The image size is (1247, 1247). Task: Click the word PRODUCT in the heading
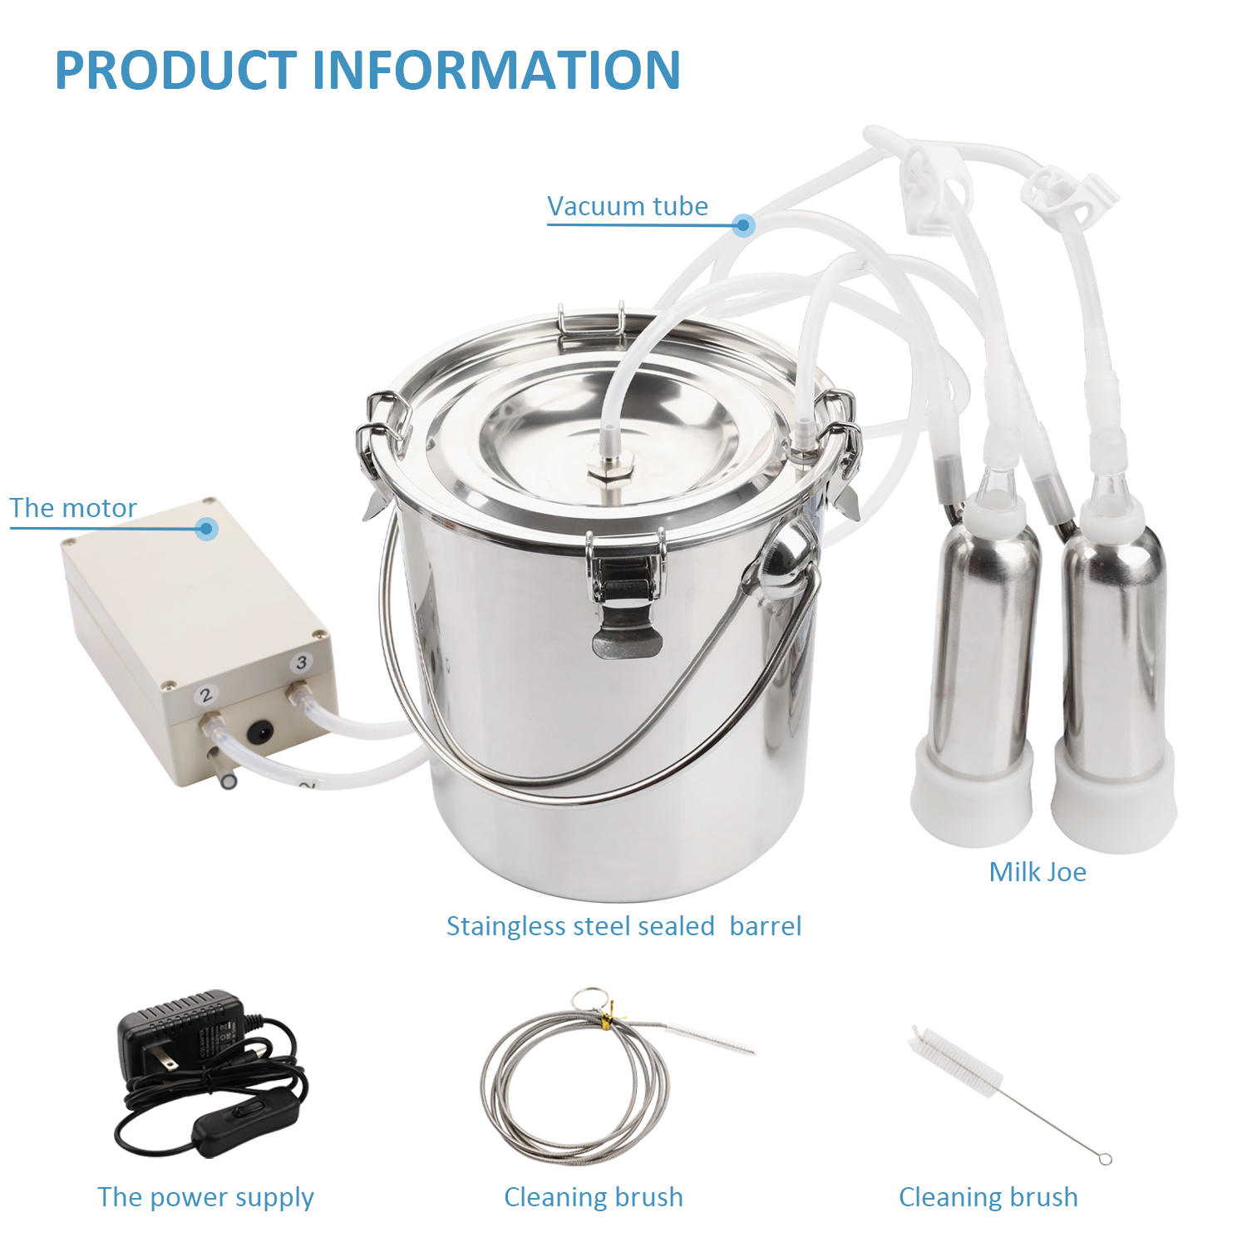176,70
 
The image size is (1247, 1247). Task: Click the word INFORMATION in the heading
497,70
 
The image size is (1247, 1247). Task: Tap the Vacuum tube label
628,206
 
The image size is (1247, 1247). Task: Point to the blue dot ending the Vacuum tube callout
744,224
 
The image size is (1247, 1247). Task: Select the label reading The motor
73,508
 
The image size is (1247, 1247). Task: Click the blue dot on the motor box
207,528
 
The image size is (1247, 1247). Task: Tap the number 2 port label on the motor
206,695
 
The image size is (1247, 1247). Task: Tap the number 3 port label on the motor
301,663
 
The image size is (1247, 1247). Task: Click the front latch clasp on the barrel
625,595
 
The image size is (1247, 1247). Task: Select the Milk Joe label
1038,871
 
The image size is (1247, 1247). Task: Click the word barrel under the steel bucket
766,926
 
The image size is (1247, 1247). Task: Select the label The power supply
206,1197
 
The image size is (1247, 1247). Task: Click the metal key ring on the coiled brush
591,1001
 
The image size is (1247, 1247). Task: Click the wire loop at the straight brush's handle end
1105,1159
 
